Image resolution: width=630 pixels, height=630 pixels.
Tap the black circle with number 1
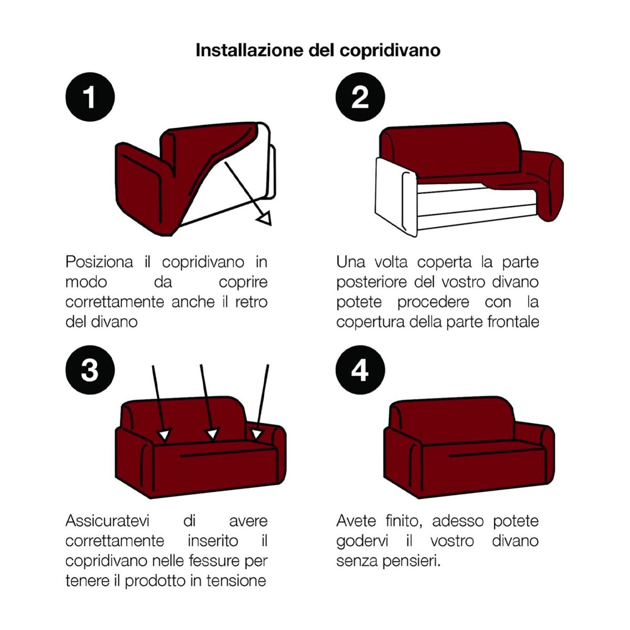click(x=90, y=97)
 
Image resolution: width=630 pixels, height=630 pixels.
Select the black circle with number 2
click(x=360, y=97)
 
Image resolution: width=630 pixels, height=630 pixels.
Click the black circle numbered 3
click(x=90, y=370)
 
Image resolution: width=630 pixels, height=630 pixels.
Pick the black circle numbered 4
click(x=360, y=370)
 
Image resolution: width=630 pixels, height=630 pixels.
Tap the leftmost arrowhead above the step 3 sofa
click(x=165, y=434)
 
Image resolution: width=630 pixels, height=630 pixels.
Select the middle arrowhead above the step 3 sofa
click(x=212, y=434)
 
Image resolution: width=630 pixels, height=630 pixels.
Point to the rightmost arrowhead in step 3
click(x=256, y=434)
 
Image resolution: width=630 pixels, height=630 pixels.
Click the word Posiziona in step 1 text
click(x=99, y=262)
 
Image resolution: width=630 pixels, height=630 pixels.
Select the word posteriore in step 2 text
click(x=373, y=282)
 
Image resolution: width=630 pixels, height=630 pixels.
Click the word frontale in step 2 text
click(x=513, y=321)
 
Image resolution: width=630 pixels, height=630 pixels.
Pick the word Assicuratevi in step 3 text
click(x=107, y=521)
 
